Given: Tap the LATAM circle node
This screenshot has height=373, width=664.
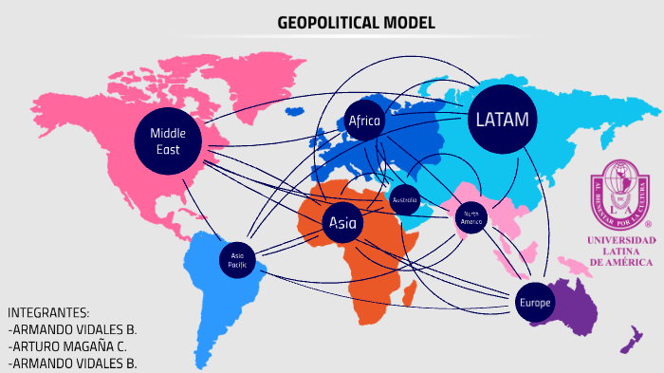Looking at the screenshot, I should (x=502, y=120).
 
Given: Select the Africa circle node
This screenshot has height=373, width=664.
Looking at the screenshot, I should (x=364, y=121).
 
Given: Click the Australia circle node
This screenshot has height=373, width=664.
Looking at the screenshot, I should (x=404, y=200).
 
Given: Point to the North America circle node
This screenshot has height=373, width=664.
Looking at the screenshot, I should (x=471, y=216).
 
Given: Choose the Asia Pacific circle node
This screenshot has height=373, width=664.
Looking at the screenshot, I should (x=237, y=259).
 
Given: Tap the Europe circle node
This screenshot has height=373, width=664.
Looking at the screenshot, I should (x=534, y=302).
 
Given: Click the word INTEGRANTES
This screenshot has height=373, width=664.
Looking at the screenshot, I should (x=48, y=312).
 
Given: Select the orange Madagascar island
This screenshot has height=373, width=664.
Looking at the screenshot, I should (x=410, y=295).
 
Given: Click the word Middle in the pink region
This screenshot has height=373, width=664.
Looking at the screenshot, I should (x=168, y=132).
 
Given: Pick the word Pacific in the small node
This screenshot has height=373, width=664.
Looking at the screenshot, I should (x=237, y=265).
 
